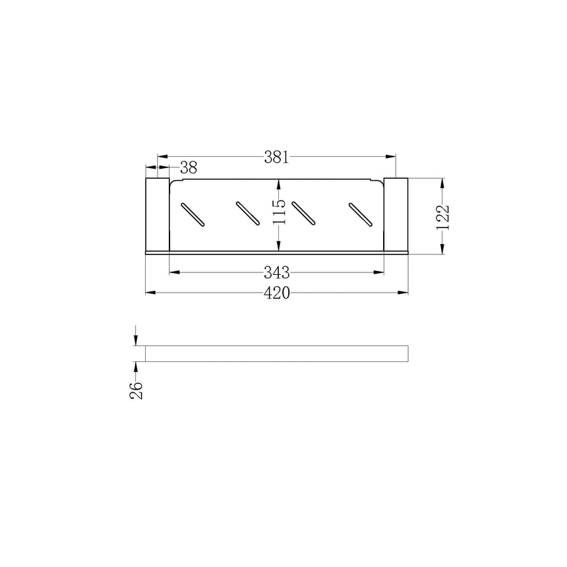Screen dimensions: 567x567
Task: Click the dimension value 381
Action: (277, 157)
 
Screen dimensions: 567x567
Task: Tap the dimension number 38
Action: (188, 167)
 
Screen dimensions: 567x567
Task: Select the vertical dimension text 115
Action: (279, 212)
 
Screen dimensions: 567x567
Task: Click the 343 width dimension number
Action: (277, 272)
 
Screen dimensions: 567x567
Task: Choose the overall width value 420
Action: (277, 293)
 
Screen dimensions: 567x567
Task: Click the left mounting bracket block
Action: (157, 214)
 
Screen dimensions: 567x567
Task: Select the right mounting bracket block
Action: (396, 214)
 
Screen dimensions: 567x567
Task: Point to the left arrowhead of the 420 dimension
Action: (149, 293)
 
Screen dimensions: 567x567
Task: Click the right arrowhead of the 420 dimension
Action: (404, 293)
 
